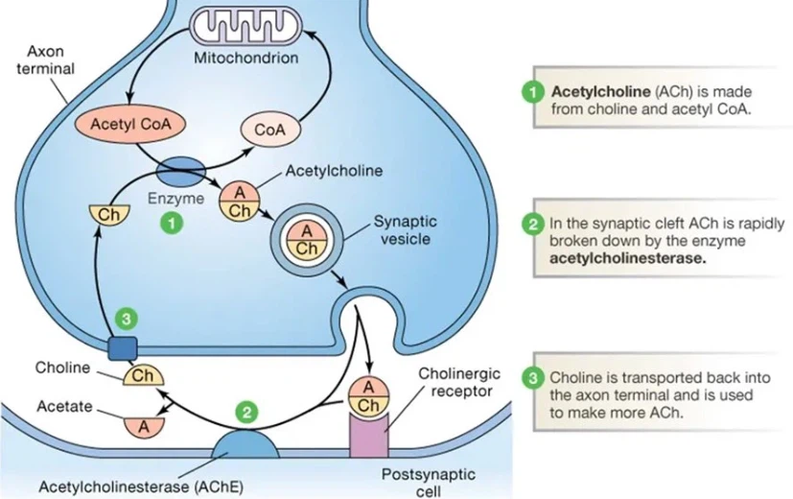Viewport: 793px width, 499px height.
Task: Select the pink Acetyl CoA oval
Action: (125, 126)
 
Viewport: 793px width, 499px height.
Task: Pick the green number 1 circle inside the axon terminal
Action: (171, 222)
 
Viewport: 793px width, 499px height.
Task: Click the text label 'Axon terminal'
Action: (44, 59)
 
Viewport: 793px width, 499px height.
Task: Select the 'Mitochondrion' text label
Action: (246, 58)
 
